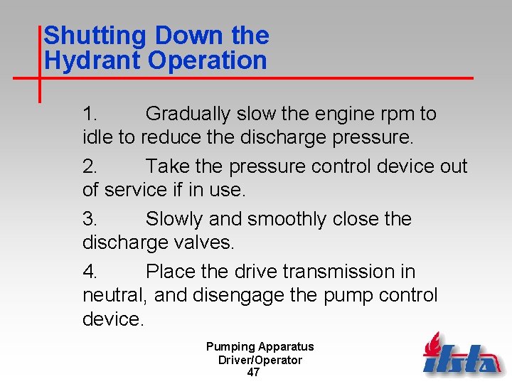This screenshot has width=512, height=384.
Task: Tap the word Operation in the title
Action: (208, 60)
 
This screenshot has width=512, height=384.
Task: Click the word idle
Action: (98, 137)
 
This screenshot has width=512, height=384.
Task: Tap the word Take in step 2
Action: (168, 166)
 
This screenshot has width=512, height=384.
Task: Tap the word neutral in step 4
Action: (114, 295)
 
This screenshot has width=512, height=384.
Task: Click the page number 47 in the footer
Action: (253, 373)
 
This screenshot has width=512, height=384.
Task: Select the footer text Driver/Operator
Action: (260, 360)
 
